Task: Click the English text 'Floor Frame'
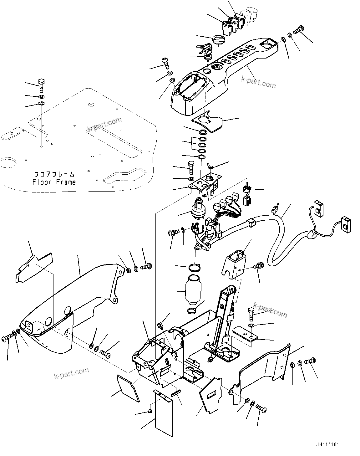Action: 54,182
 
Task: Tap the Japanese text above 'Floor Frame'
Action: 54,174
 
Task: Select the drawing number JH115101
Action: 327,444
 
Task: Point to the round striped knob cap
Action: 218,40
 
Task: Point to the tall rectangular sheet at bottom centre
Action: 164,413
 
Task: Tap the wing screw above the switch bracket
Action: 210,166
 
